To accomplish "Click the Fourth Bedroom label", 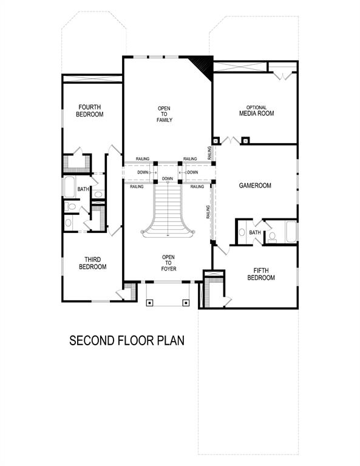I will point(89,110).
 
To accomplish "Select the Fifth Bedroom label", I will point(261,274).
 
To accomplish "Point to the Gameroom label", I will point(254,186).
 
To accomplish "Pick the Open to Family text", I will point(165,114).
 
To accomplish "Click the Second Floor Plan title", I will point(127,340).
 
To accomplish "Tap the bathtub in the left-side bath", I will point(69,187).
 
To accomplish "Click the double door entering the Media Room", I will point(230,140).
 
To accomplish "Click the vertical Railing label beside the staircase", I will point(208,212).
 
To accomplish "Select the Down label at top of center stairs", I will point(168,178).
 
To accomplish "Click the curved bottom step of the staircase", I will point(168,234).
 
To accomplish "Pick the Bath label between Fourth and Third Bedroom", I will point(83,189).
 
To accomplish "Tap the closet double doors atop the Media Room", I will point(280,75).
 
